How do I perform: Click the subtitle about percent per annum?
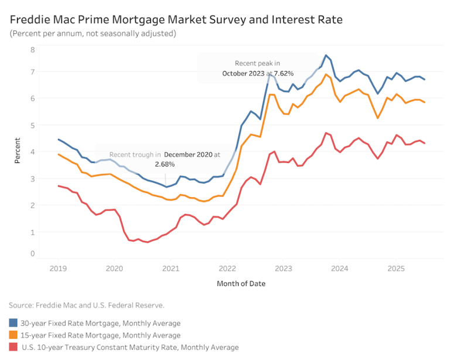(93, 33)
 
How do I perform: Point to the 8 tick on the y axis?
(33, 49)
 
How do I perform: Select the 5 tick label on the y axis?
(33, 125)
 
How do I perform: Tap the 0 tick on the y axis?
(33, 254)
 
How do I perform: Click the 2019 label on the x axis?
(58, 269)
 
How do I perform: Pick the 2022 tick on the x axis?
(227, 269)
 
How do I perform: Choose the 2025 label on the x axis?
(397, 269)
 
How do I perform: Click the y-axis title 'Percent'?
(18, 151)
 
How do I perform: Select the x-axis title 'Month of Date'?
(241, 284)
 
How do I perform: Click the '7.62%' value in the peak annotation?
(281, 74)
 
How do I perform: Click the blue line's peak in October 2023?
(326, 55)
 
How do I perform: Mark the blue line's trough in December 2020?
(166, 187)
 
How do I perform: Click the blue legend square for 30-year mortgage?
(13, 323)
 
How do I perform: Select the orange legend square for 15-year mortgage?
(13, 335)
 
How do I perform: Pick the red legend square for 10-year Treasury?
(13, 347)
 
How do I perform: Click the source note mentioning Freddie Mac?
(87, 305)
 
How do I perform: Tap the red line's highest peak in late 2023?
(326, 133)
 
